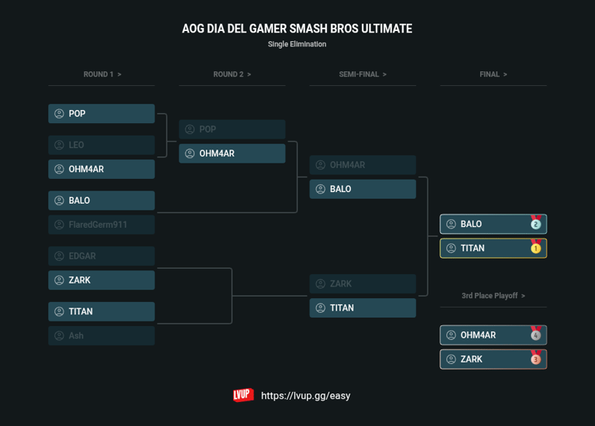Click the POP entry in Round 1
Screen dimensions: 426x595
(101, 114)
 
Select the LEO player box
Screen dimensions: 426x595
(101, 145)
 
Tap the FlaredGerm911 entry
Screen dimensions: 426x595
(101, 225)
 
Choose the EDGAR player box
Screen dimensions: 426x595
(101, 256)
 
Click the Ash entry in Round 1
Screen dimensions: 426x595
(101, 335)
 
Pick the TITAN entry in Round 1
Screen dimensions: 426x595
(101, 311)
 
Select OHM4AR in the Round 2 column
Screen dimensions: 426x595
(232, 153)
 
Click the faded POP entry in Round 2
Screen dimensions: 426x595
(232, 129)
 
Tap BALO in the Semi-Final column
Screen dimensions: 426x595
(363, 189)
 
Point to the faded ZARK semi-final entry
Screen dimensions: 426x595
(363, 283)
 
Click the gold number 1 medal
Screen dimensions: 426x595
(535, 248)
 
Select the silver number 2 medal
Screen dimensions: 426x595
(535, 224)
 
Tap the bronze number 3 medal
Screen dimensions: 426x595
(535, 359)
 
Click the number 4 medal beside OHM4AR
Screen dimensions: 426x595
(535, 335)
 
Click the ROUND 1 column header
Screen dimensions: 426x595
(101, 74)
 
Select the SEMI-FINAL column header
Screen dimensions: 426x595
(363, 74)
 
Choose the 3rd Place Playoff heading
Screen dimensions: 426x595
(493, 296)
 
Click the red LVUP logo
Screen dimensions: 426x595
(243, 395)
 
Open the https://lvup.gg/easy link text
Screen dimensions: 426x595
(305, 396)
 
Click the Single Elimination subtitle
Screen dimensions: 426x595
(297, 44)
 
